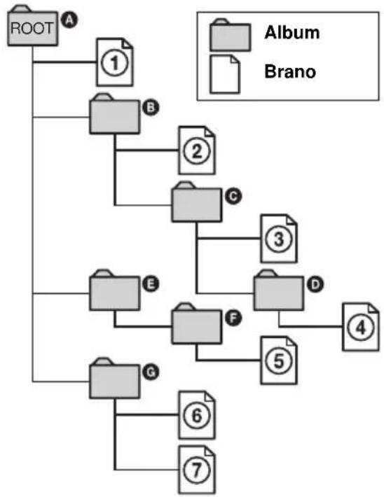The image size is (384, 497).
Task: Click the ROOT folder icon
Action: click(33, 26)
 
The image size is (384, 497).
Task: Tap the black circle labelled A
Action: click(69, 20)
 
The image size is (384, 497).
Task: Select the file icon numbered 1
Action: click(114, 62)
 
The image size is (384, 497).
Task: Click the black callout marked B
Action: click(151, 108)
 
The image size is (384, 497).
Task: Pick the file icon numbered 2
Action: click(197, 150)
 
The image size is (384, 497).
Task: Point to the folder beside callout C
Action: click(196, 202)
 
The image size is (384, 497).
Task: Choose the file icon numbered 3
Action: click(279, 239)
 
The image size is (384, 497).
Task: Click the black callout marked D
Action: click(315, 284)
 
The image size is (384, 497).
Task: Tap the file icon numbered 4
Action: click(361, 327)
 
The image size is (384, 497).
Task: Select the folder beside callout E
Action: click(114, 290)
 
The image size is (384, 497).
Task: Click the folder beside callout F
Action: click(196, 323)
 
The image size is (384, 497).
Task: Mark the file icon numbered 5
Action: click(279, 360)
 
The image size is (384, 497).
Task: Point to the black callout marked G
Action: click(151, 372)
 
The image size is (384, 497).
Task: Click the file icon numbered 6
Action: click(197, 415)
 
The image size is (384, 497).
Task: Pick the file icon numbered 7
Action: click(197, 470)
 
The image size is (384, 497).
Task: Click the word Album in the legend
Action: click(292, 32)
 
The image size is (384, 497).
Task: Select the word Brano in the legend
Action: click(290, 71)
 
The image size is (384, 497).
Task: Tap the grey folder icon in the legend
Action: click(230, 35)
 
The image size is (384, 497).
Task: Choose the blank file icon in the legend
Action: click(225, 74)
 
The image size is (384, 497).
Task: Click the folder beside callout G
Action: click(114, 378)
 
